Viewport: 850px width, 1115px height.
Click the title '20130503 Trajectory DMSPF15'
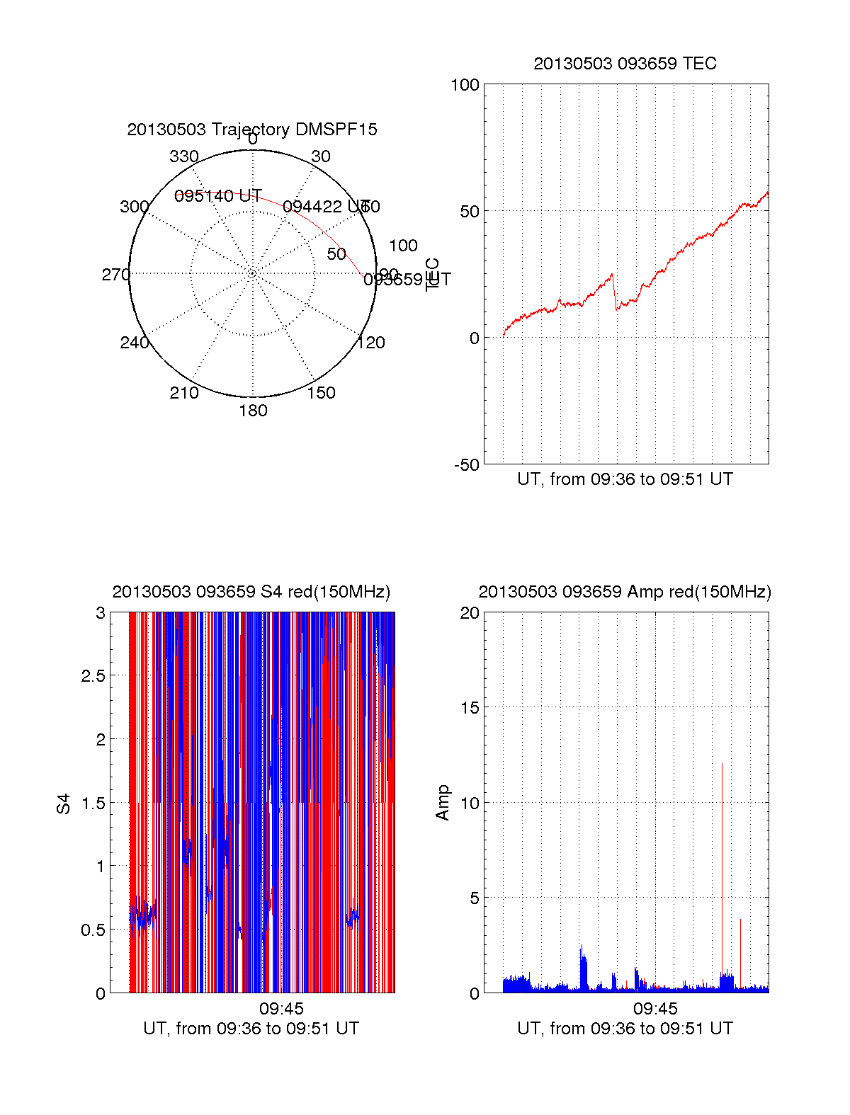(252, 130)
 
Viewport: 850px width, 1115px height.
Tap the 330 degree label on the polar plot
(184, 156)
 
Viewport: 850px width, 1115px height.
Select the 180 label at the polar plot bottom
(253, 411)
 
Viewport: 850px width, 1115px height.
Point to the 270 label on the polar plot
(115, 275)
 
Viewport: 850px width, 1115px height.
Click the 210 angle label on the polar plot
(183, 393)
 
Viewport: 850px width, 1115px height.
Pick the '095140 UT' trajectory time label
(218, 196)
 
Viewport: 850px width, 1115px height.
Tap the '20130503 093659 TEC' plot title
(625, 64)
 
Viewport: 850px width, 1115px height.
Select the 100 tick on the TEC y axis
(465, 85)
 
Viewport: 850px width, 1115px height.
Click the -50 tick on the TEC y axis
(466, 465)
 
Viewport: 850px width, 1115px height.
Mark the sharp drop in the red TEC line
(615, 292)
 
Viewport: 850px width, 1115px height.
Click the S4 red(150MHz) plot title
(251, 592)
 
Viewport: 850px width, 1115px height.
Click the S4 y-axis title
(64, 804)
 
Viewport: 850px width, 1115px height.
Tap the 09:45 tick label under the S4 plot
(281, 1009)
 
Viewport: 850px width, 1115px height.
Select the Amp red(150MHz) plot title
(625, 592)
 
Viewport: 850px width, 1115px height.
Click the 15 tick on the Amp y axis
(470, 708)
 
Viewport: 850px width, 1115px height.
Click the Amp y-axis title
(443, 803)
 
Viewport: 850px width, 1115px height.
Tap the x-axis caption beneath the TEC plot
(625, 479)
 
